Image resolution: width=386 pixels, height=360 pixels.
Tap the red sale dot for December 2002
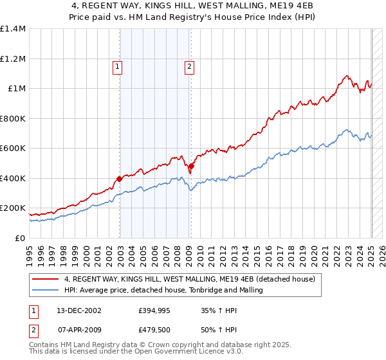(x=120, y=179)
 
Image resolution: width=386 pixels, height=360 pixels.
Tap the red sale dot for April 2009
(x=191, y=166)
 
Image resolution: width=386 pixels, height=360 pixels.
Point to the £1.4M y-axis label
(x=13, y=29)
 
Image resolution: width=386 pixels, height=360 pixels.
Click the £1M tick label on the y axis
(x=16, y=89)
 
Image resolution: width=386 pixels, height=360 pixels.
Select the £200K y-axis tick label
(x=13, y=208)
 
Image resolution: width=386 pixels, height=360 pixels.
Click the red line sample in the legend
(x=45, y=280)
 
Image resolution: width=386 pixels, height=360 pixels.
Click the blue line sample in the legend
(x=45, y=290)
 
